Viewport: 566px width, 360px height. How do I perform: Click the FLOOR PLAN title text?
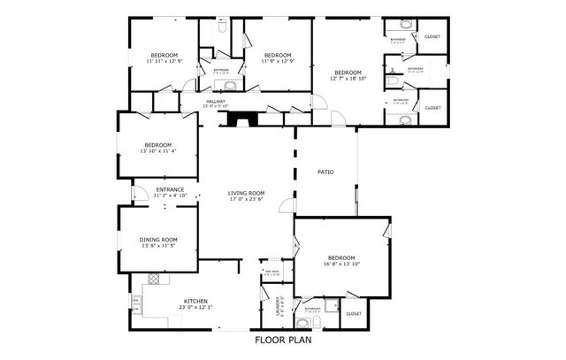pos(283,340)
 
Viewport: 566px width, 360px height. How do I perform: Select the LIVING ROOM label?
pos(246,193)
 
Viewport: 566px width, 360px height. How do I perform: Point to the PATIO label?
pos(325,172)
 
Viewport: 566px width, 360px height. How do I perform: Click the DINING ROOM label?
pos(158,240)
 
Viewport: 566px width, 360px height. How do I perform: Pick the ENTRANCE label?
pos(170,189)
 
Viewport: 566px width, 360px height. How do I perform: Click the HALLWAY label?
pos(216,101)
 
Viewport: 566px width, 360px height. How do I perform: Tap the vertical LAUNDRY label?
pos(279,306)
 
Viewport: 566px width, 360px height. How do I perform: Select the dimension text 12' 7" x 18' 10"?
pos(347,79)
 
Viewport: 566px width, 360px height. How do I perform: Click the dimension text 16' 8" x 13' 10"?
pos(341,264)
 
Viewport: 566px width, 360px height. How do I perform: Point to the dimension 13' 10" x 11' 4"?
pos(158,151)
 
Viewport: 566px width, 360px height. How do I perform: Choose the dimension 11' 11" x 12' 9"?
pos(164,60)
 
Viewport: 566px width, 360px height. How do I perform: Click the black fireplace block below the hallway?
pos(239,120)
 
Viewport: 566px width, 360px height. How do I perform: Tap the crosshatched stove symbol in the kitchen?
pos(154,279)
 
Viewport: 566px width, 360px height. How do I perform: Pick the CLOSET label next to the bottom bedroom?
pos(354,314)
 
